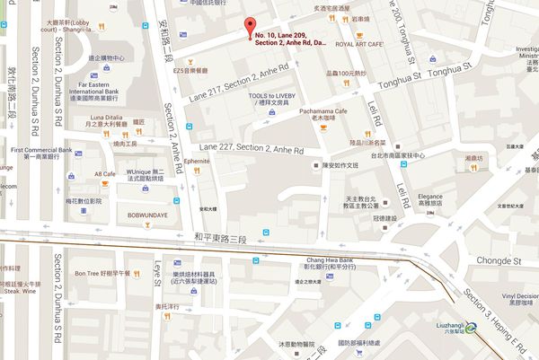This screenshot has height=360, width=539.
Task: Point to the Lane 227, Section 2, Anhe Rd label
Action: [252, 147]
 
